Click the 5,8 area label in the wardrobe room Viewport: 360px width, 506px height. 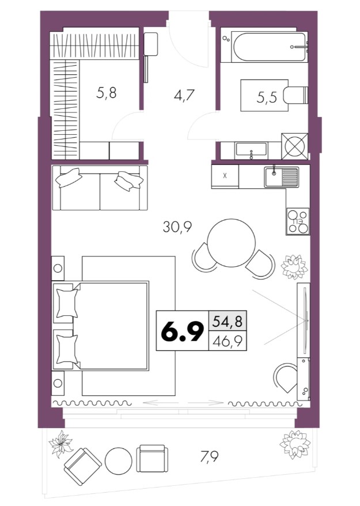pos(106,93)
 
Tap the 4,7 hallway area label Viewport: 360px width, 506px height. pos(183,96)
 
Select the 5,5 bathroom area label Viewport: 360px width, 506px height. pos(267,97)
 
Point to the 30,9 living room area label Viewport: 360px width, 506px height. pos(177,227)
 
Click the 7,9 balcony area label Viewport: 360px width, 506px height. pos(209,456)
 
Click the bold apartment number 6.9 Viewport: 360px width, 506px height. pos(182,331)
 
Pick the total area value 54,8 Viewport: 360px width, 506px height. pos(228,322)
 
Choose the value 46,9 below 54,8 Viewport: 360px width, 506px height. pos(228,341)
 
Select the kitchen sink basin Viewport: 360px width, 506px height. pos(281,177)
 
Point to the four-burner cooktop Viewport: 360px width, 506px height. pos(298,221)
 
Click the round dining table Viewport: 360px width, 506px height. pos(232,243)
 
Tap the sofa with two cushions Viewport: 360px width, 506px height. pos(100,187)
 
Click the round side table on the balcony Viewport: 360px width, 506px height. pos(119,460)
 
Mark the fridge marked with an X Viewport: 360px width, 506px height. pos(225,176)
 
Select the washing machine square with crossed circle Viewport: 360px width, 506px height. pos(294,146)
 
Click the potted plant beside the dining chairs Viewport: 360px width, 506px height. pos(294,267)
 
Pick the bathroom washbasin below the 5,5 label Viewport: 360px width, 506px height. pos(251,150)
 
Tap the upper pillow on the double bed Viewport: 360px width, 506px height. pos(67,303)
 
